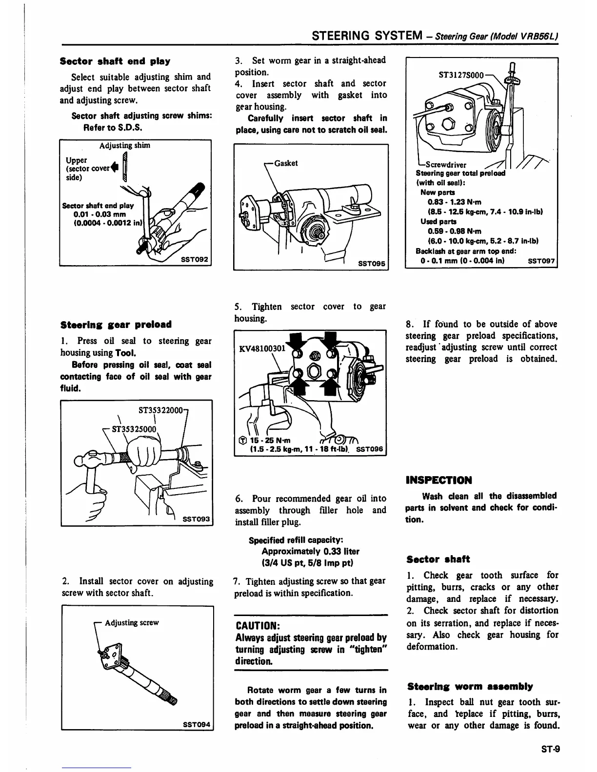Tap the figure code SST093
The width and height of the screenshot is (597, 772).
196,520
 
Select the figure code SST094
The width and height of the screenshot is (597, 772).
197,725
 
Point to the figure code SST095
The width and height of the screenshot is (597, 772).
372,263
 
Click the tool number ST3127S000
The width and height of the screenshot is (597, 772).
461,76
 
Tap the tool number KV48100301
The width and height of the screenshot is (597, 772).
261,348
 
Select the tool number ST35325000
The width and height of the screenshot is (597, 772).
134,429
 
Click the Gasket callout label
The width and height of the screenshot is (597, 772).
286,163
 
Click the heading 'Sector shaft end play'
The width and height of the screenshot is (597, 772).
115,61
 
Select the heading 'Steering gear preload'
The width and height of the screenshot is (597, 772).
116,325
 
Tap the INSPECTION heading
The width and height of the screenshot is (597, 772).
438,481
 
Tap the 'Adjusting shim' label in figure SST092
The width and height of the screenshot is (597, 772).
125,146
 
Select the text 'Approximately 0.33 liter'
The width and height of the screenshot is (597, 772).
310,552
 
